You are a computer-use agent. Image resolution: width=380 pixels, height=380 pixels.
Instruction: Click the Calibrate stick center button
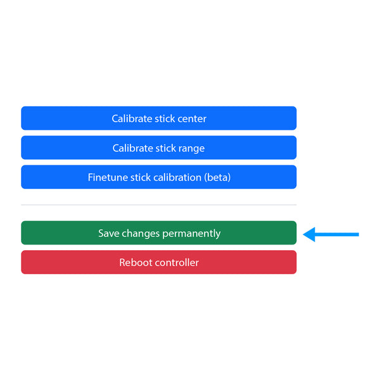[159, 118]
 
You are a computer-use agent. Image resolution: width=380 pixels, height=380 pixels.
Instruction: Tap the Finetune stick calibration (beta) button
[159, 177]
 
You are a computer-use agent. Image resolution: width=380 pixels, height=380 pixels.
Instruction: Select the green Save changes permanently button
[159, 233]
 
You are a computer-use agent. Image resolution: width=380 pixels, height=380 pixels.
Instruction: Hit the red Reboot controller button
[159, 262]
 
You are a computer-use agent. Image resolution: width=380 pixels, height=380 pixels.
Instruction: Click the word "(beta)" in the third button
[217, 177]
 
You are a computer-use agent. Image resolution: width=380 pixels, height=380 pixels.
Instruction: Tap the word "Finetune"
[108, 177]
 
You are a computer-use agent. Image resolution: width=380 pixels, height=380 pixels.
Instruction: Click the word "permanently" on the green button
[191, 234]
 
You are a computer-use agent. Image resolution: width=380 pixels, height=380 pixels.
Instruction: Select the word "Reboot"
[134, 262]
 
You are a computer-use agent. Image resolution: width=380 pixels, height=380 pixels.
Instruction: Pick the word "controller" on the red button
[175, 262]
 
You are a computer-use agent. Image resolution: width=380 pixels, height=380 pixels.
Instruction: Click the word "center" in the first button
[192, 119]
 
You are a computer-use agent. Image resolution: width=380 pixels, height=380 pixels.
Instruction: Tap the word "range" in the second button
[191, 149]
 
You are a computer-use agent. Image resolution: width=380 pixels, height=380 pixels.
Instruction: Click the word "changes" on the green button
[141, 234]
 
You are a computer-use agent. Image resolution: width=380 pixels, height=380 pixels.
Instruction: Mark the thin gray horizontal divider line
[159, 205]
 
